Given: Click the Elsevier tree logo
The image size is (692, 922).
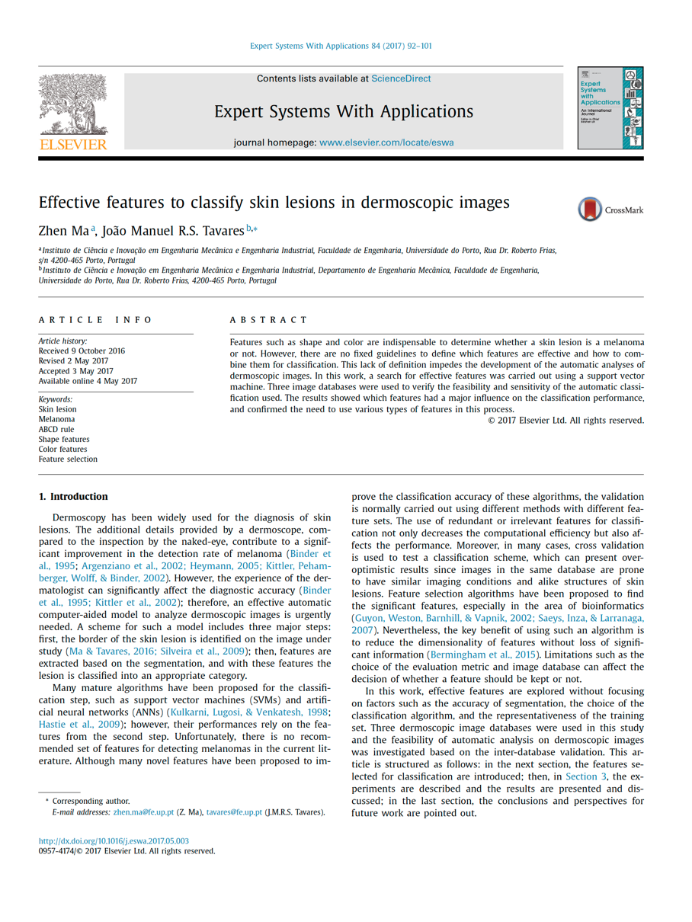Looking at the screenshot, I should [x=73, y=111].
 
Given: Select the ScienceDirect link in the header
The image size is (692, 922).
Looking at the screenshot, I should [x=401, y=78].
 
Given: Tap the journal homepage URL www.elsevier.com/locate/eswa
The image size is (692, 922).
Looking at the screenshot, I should [x=386, y=142].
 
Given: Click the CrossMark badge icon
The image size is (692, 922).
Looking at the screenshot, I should [x=590, y=210].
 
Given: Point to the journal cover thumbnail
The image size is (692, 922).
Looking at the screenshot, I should [x=610, y=107].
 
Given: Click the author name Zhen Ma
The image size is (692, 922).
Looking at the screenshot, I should [x=64, y=229].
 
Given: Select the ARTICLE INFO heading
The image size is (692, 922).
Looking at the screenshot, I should [x=96, y=320].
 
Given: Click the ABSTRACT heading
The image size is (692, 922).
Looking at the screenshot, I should [x=268, y=320].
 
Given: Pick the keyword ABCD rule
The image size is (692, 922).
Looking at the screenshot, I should [x=56, y=429].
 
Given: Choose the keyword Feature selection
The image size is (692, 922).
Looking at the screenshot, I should [x=68, y=459].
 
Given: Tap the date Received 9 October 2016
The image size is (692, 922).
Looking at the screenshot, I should [x=82, y=351].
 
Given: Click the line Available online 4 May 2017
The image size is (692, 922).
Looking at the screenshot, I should [x=88, y=381].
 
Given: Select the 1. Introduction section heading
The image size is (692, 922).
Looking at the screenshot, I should [x=73, y=497].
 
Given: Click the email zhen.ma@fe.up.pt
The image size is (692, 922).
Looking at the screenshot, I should [x=144, y=812].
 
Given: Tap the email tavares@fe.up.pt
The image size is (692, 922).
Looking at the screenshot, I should [x=234, y=812].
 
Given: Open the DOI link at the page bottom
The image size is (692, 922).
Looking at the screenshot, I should [x=114, y=841].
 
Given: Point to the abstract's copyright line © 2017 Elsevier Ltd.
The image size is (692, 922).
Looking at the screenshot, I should [x=565, y=420].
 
